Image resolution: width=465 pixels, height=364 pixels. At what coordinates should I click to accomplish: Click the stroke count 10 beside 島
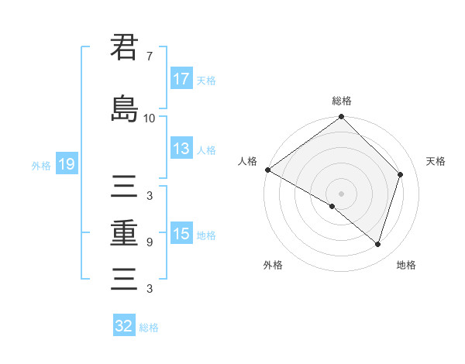(149, 118)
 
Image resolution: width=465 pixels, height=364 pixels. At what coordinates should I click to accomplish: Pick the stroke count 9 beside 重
(149, 242)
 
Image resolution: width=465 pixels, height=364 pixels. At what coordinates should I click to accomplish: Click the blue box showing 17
(181, 79)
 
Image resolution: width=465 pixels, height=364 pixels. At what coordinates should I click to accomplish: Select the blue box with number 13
(181, 149)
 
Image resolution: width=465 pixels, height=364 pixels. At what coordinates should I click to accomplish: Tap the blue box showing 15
(181, 234)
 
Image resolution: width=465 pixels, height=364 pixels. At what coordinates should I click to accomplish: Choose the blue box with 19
(66, 164)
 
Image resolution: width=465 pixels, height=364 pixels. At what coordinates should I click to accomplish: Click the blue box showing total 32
(124, 326)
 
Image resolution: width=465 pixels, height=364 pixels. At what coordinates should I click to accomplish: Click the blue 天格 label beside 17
(206, 80)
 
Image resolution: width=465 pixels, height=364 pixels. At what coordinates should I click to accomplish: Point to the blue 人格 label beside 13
(206, 150)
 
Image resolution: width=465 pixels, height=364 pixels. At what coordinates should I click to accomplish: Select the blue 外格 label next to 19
(41, 165)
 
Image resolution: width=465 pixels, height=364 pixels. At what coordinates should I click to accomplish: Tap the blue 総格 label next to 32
(150, 328)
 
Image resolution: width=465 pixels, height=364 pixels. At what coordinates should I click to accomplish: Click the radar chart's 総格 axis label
(341, 101)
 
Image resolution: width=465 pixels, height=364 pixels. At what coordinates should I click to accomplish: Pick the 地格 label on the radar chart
(406, 266)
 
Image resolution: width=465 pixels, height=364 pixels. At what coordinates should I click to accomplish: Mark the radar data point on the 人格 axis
(267, 170)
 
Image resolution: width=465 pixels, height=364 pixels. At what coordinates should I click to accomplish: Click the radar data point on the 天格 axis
(401, 174)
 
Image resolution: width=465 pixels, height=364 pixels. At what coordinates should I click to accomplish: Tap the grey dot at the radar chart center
(341, 194)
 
